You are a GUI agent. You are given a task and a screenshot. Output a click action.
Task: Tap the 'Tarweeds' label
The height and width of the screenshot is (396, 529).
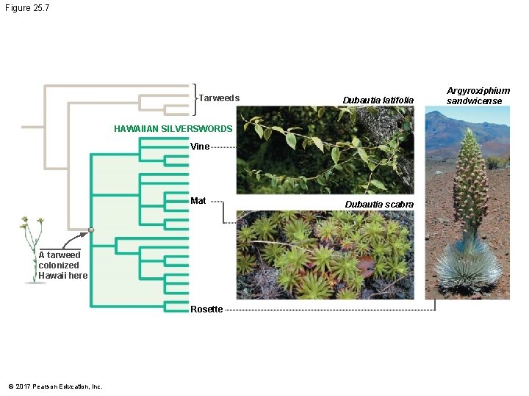220,98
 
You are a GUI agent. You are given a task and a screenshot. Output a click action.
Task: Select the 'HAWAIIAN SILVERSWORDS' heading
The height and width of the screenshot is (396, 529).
173,129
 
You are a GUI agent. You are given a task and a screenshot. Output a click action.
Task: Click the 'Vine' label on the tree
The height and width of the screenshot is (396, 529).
200,147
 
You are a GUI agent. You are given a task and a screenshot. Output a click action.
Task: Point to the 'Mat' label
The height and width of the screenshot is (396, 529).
198,201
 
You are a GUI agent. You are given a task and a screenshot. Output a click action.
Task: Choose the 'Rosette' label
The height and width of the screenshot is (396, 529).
206,309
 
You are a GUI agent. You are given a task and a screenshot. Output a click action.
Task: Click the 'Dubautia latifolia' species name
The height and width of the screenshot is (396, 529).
378,100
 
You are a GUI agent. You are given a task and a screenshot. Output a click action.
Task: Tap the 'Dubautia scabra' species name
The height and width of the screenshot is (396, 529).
379,205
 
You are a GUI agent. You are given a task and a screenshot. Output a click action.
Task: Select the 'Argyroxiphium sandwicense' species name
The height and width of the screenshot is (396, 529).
478,96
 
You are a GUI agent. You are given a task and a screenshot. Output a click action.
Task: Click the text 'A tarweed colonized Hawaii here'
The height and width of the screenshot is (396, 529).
63,265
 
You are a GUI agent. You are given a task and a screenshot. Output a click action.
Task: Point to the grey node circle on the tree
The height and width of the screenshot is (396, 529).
91,230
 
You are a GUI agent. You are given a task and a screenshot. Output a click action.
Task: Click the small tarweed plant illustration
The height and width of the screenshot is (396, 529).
32,249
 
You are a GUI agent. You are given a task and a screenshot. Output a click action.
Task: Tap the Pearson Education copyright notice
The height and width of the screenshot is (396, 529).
55,386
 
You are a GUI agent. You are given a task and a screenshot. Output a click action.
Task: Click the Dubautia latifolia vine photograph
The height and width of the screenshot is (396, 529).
325,150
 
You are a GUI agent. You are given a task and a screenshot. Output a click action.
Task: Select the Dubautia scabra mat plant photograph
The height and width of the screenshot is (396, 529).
325,254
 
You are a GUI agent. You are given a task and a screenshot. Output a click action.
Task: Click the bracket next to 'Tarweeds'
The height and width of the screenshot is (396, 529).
195,98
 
